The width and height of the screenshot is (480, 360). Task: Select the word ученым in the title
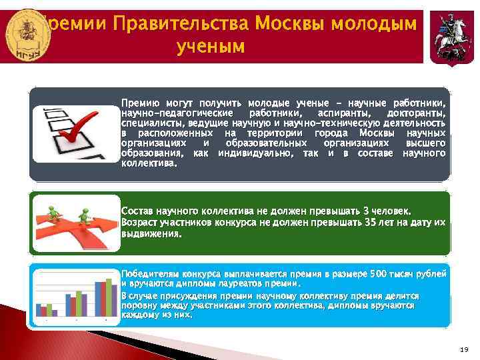coord(211,47)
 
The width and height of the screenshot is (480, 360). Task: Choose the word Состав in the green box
coord(137,211)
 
